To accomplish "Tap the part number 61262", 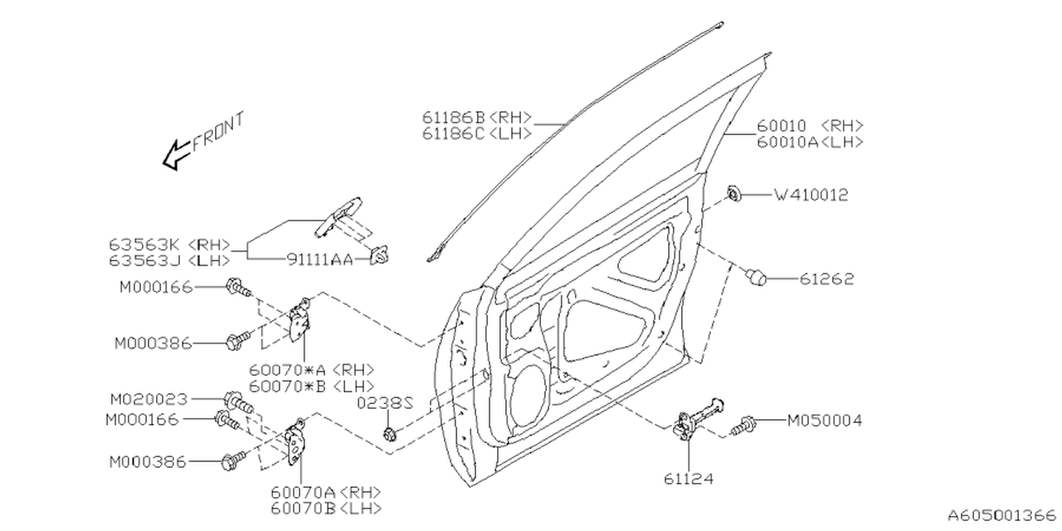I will click(826, 280).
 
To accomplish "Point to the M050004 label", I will click(824, 421).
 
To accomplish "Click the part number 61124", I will click(689, 479).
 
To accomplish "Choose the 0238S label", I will click(386, 404).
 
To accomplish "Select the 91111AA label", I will click(318, 260).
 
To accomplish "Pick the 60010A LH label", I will click(810, 142).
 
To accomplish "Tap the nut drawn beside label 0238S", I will click(389, 433).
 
